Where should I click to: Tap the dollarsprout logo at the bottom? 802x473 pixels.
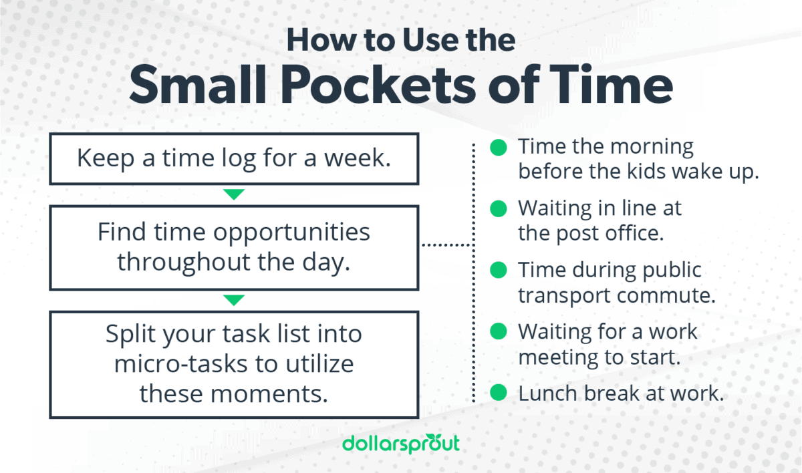(400, 444)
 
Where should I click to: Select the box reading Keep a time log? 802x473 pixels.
(233, 158)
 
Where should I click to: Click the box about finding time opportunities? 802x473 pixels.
(233, 247)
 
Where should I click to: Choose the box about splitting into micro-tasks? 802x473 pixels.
(233, 364)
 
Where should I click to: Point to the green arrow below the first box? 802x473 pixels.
(233, 194)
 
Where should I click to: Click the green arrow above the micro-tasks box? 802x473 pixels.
(233, 300)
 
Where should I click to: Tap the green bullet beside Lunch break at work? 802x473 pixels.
(499, 393)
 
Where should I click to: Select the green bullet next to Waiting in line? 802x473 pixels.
(499, 208)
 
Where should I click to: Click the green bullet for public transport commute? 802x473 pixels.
(499, 270)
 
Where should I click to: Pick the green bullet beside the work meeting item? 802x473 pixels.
(499, 331)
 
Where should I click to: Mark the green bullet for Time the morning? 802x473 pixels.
(499, 147)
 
